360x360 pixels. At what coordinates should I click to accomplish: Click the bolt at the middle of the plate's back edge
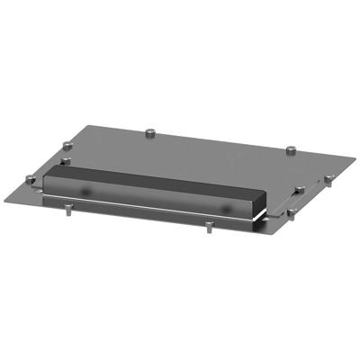[x=149, y=134]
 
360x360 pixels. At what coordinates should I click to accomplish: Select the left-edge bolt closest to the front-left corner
[x=34, y=180]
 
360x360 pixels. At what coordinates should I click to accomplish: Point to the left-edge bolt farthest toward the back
[x=69, y=144]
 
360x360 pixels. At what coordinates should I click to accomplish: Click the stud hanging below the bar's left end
[x=68, y=213]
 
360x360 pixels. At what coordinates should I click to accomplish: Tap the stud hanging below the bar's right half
[x=208, y=227]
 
